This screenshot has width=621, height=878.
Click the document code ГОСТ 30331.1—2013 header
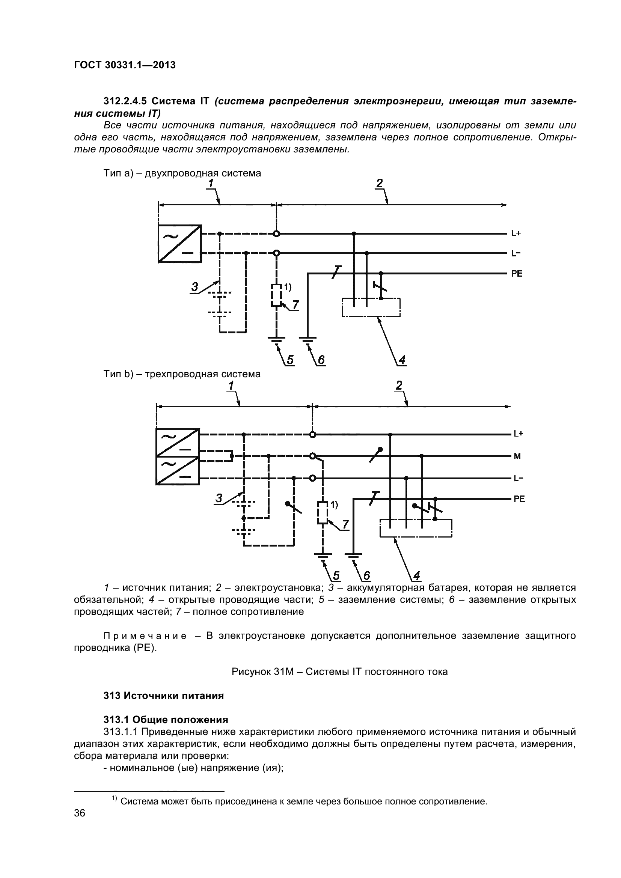click(125, 65)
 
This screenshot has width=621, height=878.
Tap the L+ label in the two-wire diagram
click(516, 233)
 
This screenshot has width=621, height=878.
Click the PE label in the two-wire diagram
click(517, 274)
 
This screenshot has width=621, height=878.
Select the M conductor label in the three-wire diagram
click(517, 456)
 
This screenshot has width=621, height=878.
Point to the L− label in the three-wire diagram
click(518, 478)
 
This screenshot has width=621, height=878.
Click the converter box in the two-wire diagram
click(180, 244)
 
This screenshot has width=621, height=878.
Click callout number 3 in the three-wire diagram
click(219, 498)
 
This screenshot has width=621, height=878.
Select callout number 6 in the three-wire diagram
click(366, 575)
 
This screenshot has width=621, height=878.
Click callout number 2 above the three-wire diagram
click(399, 386)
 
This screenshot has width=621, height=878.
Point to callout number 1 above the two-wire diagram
click(211, 184)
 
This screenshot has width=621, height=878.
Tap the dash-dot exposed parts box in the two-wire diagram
click(371, 307)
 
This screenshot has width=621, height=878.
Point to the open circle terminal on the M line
click(313, 456)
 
